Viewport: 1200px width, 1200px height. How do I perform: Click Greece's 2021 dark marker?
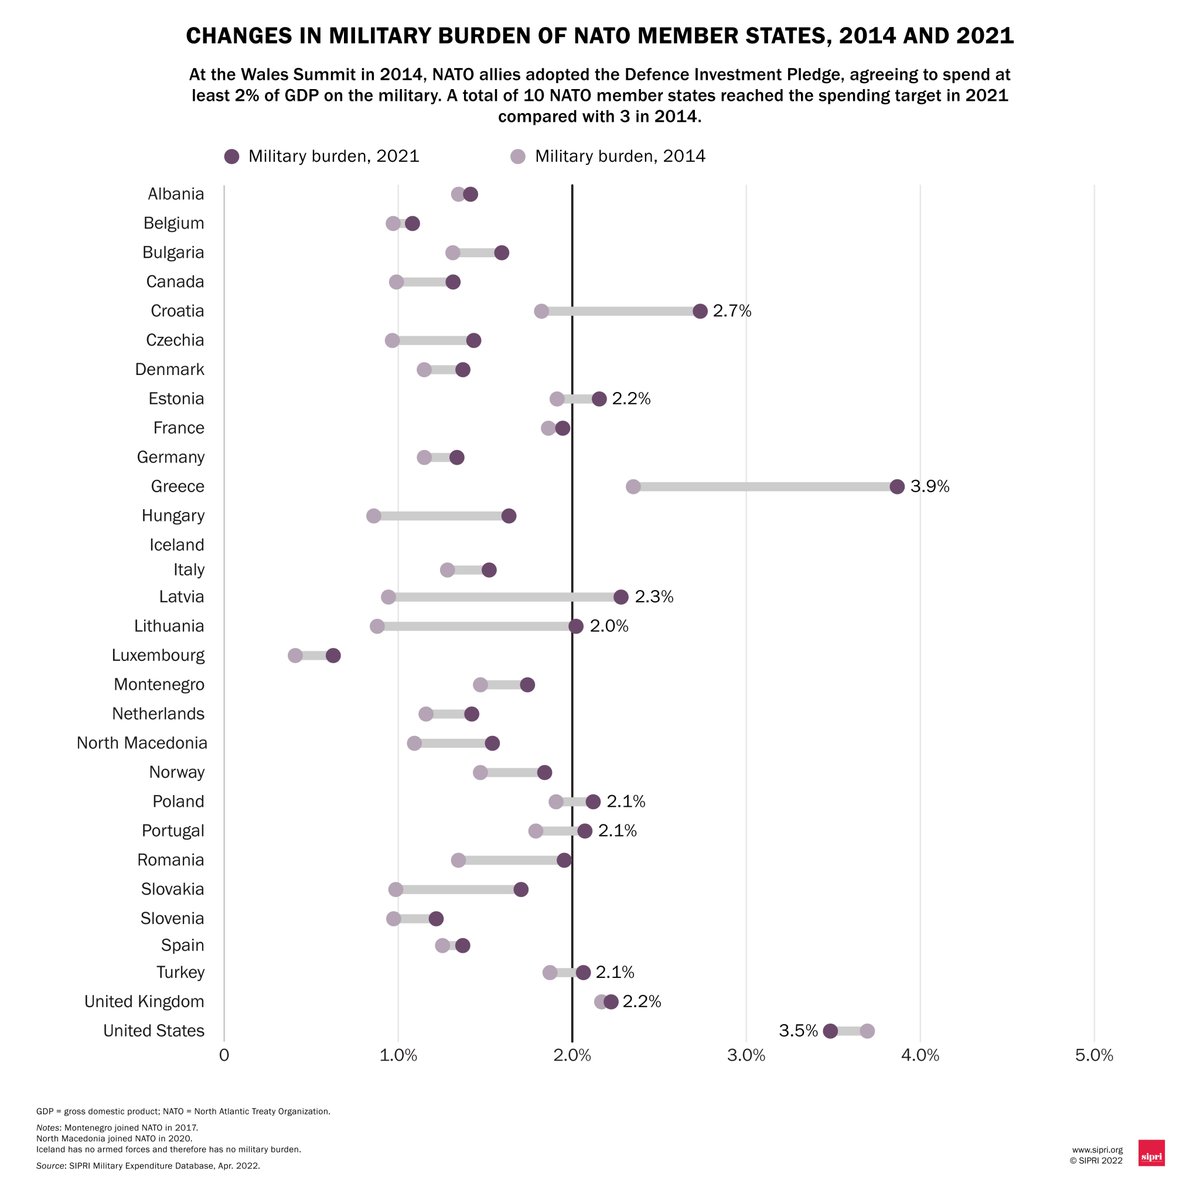click(x=897, y=487)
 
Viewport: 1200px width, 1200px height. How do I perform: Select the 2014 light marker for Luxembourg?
click(x=295, y=656)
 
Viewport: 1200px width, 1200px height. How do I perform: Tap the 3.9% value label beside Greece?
click(x=929, y=487)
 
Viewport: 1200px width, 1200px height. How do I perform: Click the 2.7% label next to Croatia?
click(x=732, y=311)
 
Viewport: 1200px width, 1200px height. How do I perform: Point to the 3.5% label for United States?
click(x=798, y=1031)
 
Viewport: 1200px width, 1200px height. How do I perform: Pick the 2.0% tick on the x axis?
click(x=572, y=1055)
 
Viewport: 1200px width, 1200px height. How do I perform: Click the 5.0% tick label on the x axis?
click(x=1093, y=1055)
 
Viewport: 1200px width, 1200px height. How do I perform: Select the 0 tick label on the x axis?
click(x=224, y=1055)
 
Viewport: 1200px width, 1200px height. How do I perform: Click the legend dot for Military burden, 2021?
click(x=232, y=156)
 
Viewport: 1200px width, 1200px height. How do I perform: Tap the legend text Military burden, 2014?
click(x=620, y=156)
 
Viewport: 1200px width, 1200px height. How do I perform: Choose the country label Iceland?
click(x=177, y=545)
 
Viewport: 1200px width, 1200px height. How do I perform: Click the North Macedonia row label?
click(x=142, y=743)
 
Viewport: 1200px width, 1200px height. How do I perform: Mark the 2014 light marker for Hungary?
click(x=374, y=516)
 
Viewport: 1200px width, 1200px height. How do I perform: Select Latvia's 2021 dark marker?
click(x=621, y=597)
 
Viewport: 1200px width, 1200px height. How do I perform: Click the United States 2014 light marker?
click(x=867, y=1031)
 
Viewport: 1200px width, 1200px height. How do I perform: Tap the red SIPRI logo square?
click(x=1151, y=1152)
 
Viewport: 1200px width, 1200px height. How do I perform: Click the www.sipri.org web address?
click(x=1097, y=1150)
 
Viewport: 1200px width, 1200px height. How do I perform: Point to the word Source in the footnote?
click(x=51, y=1166)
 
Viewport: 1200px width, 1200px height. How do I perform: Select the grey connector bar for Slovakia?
click(x=458, y=890)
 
